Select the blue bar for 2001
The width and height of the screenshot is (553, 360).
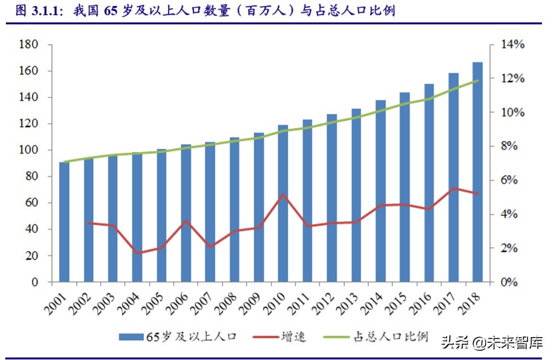coord(64,222)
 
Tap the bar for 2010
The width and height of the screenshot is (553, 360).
coord(283,203)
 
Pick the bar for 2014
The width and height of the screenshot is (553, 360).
coord(380,191)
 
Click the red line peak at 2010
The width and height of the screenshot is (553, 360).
coord(283,194)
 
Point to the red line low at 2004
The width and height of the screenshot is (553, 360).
coord(137,253)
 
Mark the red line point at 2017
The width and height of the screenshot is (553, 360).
coord(453,188)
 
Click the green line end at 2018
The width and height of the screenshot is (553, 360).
coord(478,81)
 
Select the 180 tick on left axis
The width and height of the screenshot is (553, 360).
coord(30,45)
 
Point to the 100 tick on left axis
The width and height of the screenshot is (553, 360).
coord(30,150)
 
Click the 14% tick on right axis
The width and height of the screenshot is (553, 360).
coord(512,45)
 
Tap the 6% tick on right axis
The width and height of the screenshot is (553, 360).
coord(509,180)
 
